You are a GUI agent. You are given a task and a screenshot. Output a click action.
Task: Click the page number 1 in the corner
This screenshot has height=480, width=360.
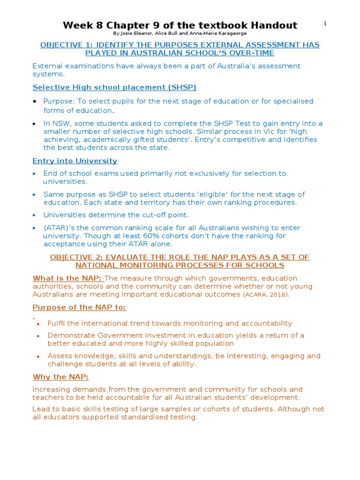pyautogui.click(x=325, y=24)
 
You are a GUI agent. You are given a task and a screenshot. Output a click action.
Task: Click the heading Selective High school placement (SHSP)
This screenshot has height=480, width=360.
pyautogui.click(x=114, y=87)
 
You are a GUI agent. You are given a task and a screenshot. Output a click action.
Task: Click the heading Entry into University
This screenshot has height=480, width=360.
pyautogui.click(x=75, y=161)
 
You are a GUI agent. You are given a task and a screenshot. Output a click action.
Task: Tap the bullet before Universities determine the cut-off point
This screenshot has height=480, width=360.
pyautogui.click(x=35, y=215)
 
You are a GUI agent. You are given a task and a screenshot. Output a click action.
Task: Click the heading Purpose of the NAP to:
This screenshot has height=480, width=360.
pyautogui.click(x=79, y=307)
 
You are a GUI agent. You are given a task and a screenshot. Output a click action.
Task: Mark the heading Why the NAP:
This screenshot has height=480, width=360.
pyautogui.click(x=60, y=377)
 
